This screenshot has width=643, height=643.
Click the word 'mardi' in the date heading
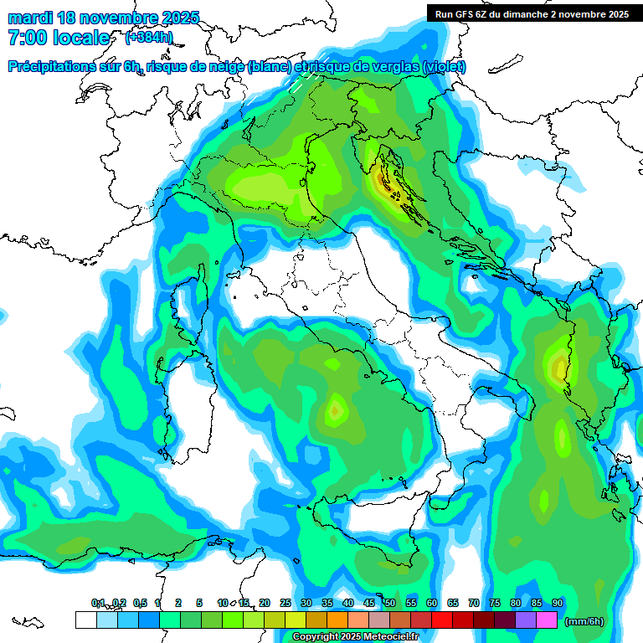(28, 18)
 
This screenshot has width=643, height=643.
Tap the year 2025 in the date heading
(177, 18)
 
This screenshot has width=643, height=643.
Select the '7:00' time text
(27, 38)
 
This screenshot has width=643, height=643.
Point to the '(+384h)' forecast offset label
(148, 38)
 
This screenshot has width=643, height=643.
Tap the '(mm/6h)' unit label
(584, 621)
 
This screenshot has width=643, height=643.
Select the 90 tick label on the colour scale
(558, 604)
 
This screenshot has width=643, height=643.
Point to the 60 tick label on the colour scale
(432, 604)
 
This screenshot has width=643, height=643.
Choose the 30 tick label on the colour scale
(306, 604)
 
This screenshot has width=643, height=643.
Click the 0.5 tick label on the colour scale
(139, 604)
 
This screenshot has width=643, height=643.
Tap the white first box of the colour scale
(85, 620)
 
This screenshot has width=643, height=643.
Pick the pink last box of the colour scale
(547, 620)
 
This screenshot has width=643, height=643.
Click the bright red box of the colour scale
(442, 620)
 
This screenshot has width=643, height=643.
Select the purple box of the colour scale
(526, 620)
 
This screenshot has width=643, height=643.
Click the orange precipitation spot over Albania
(558, 367)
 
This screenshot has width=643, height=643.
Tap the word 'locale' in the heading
(80, 38)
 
